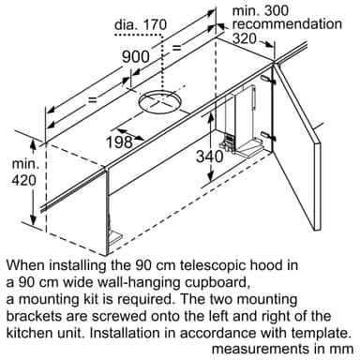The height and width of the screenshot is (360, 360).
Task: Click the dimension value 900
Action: (x=136, y=56)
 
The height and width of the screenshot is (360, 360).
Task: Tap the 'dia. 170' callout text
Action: (x=141, y=24)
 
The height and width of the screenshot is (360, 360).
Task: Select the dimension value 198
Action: (x=119, y=142)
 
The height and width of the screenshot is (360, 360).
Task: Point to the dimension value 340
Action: (x=210, y=157)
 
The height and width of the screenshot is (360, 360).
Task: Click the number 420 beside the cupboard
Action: (x=23, y=180)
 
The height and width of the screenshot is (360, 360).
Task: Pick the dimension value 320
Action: (x=245, y=38)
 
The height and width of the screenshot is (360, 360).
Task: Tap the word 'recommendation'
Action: (x=287, y=24)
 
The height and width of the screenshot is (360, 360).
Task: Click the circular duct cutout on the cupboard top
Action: (x=160, y=101)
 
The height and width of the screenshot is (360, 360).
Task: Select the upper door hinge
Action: (x=268, y=80)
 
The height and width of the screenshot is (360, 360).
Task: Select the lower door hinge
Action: (x=268, y=136)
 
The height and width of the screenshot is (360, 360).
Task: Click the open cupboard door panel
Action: (x=297, y=147)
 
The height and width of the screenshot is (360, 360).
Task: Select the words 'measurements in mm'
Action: (x=283, y=349)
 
